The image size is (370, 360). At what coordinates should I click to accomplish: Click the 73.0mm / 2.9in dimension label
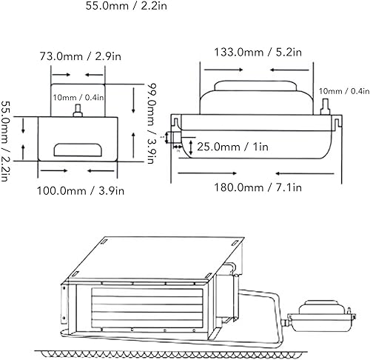[x=81, y=56]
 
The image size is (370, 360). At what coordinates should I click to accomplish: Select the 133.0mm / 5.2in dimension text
[x=258, y=53]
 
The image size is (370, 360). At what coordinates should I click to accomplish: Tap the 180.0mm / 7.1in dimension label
[x=258, y=187]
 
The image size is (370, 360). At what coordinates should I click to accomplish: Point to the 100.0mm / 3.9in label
[x=81, y=191]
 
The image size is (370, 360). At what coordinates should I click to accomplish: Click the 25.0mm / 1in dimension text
[x=232, y=147]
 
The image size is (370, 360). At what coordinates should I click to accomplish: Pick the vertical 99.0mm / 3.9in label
[x=150, y=124]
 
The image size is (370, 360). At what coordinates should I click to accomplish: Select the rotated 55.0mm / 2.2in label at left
[x=5, y=141]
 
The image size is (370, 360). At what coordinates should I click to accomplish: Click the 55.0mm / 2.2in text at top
[x=127, y=6]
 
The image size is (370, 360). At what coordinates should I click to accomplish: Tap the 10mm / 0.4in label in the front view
[x=78, y=98]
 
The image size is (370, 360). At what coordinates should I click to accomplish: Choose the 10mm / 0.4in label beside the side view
[x=344, y=91]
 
